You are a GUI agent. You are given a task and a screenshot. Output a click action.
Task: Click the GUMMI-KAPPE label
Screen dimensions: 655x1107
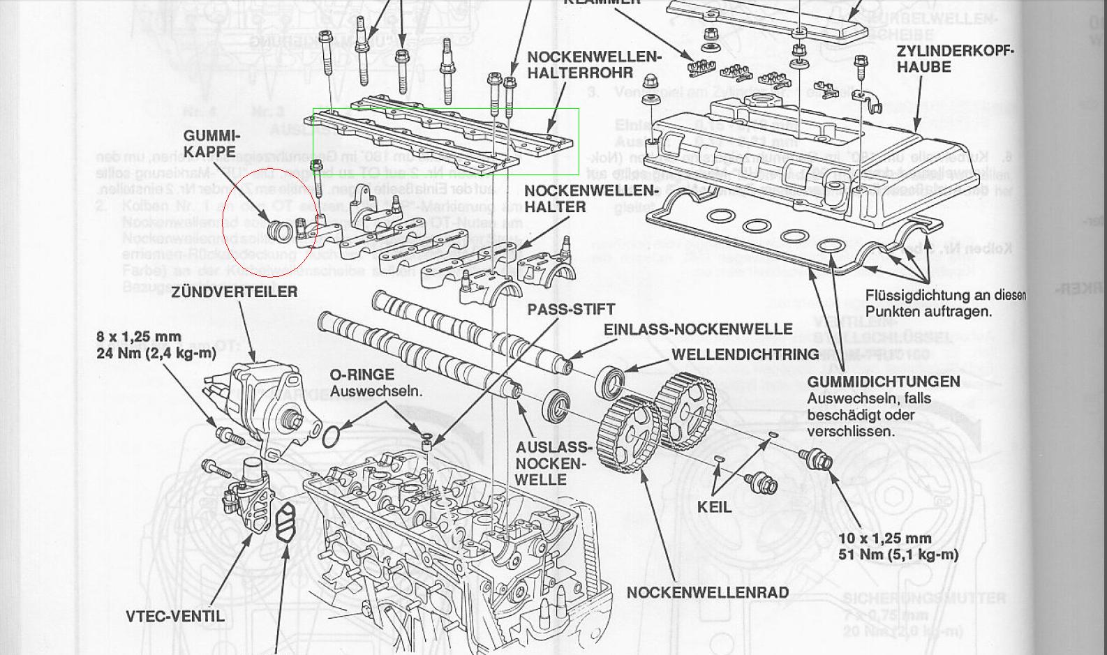tap(211, 144)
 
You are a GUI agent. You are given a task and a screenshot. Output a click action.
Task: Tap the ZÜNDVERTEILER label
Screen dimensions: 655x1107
tap(235, 292)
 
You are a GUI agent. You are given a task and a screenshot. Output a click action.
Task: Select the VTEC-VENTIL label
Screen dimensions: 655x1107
tap(175, 616)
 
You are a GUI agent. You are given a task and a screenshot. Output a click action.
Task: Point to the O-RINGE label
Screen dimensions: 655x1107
tap(362, 375)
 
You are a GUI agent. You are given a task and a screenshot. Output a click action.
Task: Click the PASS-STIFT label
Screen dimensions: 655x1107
tap(571, 309)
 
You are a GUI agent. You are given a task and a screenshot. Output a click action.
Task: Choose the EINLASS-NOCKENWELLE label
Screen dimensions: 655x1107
tap(697, 329)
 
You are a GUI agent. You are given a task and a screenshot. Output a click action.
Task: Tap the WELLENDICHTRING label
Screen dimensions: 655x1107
tap(745, 354)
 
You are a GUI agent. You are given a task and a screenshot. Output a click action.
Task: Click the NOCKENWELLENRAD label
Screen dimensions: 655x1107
tap(708, 592)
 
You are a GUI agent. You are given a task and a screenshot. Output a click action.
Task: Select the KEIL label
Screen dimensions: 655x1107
tap(714, 506)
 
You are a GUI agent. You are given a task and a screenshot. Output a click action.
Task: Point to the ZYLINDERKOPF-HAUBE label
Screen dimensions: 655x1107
tap(955, 59)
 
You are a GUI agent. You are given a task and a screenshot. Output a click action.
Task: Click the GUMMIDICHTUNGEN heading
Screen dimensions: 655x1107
tap(884, 382)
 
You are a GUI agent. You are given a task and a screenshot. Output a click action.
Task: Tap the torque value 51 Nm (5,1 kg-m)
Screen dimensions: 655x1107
tap(898, 555)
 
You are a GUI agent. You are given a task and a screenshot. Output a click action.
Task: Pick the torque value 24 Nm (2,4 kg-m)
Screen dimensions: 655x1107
tap(156, 353)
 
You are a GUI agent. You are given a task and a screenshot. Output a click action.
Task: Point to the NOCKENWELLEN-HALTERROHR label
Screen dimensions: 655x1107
tap(593, 64)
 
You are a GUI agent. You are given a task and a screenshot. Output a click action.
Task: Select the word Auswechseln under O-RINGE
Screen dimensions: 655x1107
tap(376, 391)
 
